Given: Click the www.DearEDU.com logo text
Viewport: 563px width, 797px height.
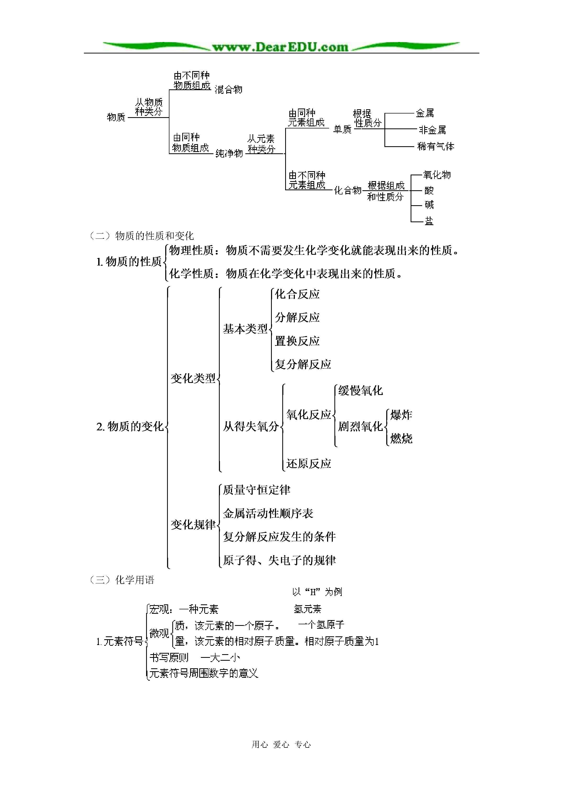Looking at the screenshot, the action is tap(280, 47).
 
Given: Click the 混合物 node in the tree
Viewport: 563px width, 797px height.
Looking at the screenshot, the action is tap(229, 90).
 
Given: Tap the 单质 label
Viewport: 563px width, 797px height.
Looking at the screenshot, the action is tap(342, 129).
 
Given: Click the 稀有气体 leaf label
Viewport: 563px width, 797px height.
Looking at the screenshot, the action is tap(436, 146).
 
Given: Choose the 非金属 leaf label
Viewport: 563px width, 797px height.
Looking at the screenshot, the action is tap(432, 130).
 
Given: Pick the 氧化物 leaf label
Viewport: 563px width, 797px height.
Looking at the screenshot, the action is tap(437, 175).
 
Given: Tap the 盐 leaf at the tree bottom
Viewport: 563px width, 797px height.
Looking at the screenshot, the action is tap(429, 221).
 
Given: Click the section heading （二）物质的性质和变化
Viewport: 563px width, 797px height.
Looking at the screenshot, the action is tap(141, 236).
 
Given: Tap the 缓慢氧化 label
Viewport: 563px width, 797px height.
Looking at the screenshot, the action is tap(360, 391).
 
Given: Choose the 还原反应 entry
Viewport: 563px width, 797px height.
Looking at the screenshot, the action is tap(309, 463).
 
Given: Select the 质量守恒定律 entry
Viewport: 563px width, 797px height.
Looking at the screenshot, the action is tap(257, 490).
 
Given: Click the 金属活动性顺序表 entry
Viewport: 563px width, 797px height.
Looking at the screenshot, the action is tap(268, 513).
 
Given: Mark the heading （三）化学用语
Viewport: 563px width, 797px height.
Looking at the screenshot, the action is tap(122, 580).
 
